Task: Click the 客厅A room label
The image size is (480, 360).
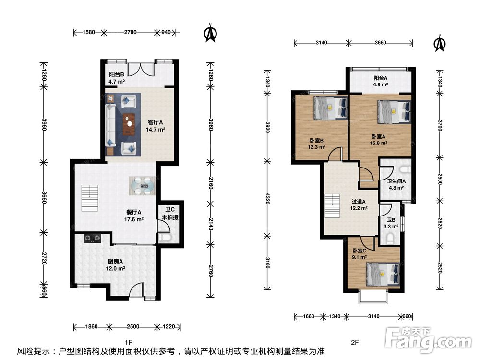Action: click(x=155, y=122)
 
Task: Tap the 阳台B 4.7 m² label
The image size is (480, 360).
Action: click(x=116, y=78)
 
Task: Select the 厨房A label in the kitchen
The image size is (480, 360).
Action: click(x=115, y=262)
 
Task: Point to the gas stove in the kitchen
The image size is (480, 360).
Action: click(x=93, y=238)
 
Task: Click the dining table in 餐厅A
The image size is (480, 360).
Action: click(x=143, y=186)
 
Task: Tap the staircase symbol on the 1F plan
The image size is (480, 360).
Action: click(x=90, y=198)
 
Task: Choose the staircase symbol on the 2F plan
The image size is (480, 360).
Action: click(x=332, y=206)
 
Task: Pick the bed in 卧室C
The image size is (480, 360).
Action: click(x=383, y=274)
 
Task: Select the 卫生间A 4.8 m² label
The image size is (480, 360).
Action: click(x=396, y=185)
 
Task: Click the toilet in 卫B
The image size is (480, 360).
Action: click(x=390, y=239)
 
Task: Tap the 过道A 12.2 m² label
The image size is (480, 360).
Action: click(x=359, y=205)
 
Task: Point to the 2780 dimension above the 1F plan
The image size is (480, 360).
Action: click(x=130, y=32)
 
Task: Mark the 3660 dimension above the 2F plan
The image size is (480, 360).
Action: click(x=381, y=43)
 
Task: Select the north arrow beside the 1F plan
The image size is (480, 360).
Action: click(x=210, y=33)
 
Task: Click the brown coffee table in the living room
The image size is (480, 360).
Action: click(x=129, y=124)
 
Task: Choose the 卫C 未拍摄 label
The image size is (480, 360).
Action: click(x=170, y=214)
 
